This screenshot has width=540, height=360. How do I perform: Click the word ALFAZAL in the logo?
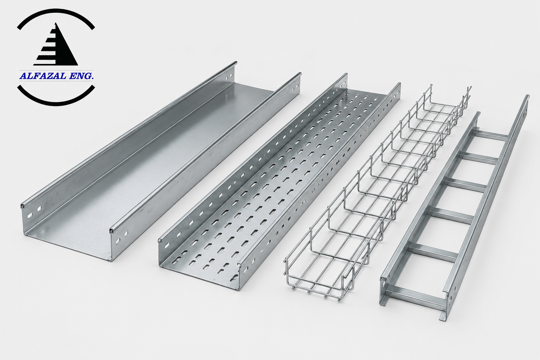click(x=43, y=76)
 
